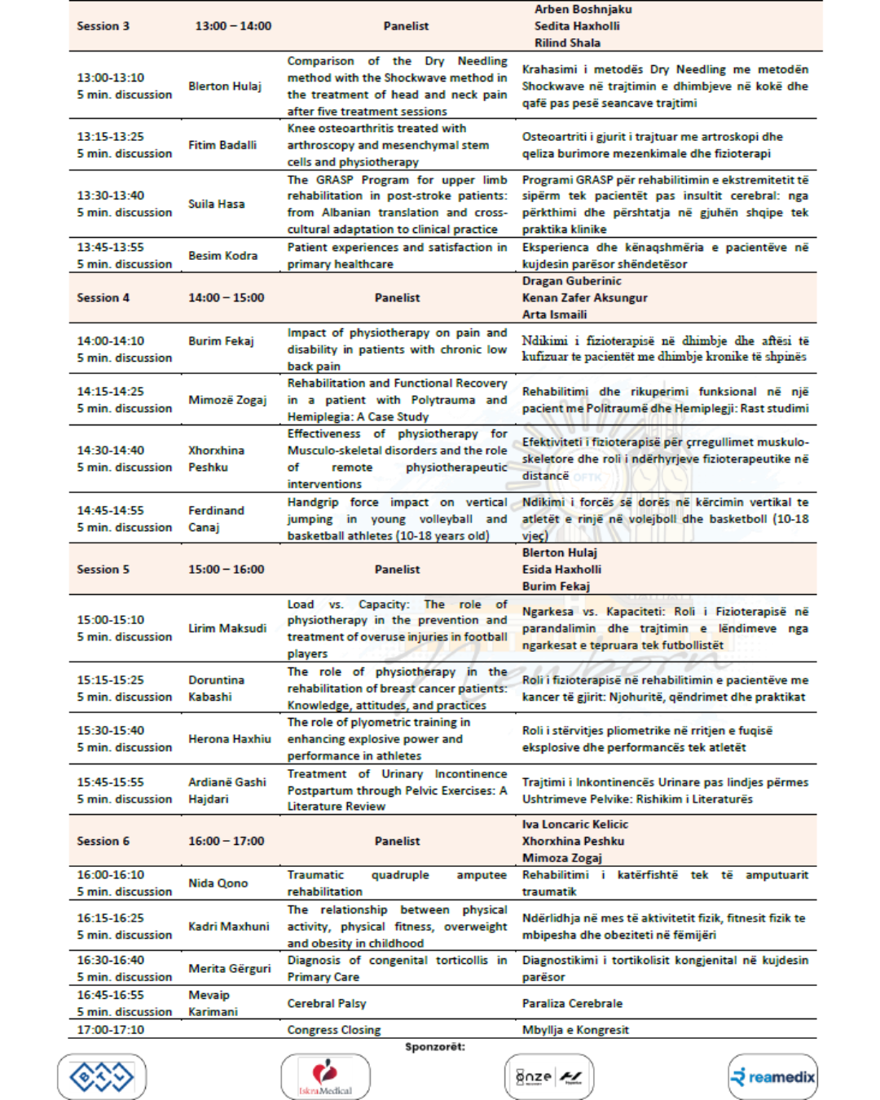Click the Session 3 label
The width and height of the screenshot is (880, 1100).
click(103, 26)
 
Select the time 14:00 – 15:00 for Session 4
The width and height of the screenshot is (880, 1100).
click(226, 298)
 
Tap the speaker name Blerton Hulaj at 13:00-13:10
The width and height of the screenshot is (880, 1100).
click(224, 86)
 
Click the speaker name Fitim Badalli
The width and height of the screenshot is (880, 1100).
click(222, 145)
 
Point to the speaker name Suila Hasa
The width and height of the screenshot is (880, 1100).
click(216, 204)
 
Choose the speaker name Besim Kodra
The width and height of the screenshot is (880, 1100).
click(222, 256)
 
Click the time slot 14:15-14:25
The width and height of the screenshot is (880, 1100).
click(110, 391)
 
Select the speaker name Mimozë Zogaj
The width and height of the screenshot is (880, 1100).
click(227, 400)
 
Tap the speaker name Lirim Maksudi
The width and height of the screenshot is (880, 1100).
click(227, 628)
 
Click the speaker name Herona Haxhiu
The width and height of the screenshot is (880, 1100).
click(229, 739)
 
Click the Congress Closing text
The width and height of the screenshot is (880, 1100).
click(333, 1030)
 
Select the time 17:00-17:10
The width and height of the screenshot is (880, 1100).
click(110, 1030)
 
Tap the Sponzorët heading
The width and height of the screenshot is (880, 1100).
click(434, 1047)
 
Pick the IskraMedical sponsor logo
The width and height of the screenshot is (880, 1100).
click(325, 1077)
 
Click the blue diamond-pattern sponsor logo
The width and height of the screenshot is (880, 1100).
click(102, 1077)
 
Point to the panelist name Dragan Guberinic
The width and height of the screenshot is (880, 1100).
click(571, 281)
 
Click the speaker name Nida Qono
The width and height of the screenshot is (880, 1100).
click(218, 883)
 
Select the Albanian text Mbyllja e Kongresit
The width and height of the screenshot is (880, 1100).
click(575, 1030)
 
